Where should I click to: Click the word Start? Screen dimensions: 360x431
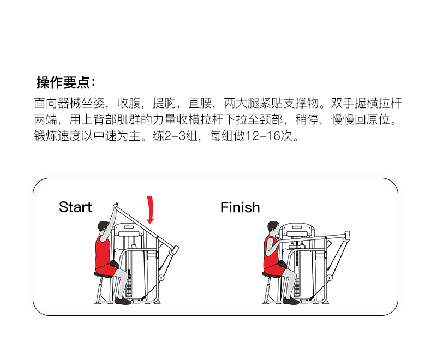point(75,207)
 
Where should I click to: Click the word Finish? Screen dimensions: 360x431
point(240,207)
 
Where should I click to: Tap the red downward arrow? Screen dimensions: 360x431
point(151,210)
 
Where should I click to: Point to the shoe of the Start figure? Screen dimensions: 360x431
point(123,301)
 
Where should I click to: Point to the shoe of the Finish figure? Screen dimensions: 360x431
point(291,301)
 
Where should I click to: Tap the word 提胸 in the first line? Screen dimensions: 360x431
point(164,103)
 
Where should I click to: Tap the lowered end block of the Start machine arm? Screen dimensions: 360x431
point(174,250)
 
